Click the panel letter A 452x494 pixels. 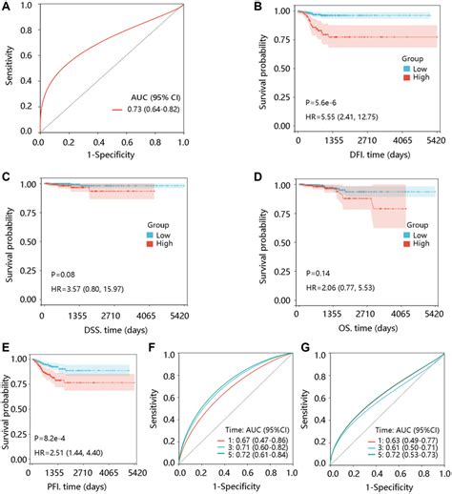coord(9,9)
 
